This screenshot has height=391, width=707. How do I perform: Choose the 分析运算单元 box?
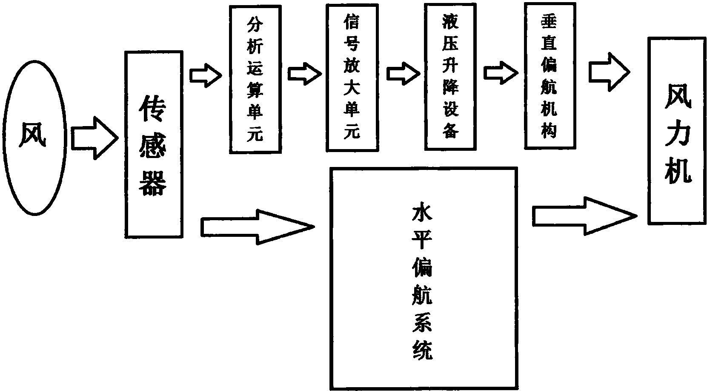255,79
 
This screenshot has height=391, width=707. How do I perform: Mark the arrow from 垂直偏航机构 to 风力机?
608,72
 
